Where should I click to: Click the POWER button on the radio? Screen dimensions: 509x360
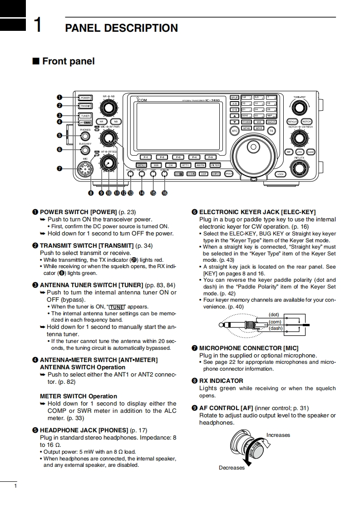[x=85, y=98]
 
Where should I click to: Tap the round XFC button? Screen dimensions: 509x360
[x=235, y=131]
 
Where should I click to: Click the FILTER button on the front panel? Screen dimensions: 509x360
[x=215, y=166]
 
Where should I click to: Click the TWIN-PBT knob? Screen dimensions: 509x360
[x=299, y=107]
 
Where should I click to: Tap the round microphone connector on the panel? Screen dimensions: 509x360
[x=85, y=169]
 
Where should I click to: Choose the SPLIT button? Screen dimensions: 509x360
[x=235, y=97]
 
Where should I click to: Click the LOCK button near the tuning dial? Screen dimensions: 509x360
[x=280, y=174]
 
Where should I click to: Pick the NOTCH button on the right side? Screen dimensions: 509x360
[x=307, y=122]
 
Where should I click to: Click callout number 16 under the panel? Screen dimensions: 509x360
[x=164, y=193]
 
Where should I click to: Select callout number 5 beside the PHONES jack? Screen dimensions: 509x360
[x=59, y=135]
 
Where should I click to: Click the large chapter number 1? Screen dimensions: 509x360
[x=39, y=25]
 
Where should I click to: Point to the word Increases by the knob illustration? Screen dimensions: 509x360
[x=278, y=435]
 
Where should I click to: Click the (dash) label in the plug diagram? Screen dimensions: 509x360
[x=276, y=328]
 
